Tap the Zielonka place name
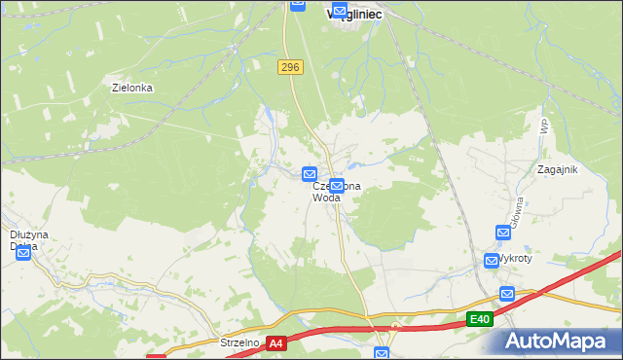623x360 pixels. pos(132,88)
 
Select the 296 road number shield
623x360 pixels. pos(289,67)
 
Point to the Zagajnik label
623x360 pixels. pos(558,169)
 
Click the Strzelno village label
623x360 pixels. pos(239,342)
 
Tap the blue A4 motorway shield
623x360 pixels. pos(276,343)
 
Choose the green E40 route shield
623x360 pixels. pos(478,319)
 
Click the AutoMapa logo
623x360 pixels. pos(559,342)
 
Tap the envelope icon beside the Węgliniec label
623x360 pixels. pos(340,12)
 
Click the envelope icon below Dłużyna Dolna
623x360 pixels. pos(22,254)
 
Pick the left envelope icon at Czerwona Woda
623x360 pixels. pos(310,174)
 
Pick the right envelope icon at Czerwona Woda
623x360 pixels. pos(337,185)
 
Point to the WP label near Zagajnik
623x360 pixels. pos(544,126)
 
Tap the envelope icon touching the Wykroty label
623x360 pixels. pos(492,261)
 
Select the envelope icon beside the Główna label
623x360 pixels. pos(503,233)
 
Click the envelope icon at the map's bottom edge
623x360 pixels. pos(382,354)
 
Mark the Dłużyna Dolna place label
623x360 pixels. pos(23,239)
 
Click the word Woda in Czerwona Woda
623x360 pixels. pos(326,198)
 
